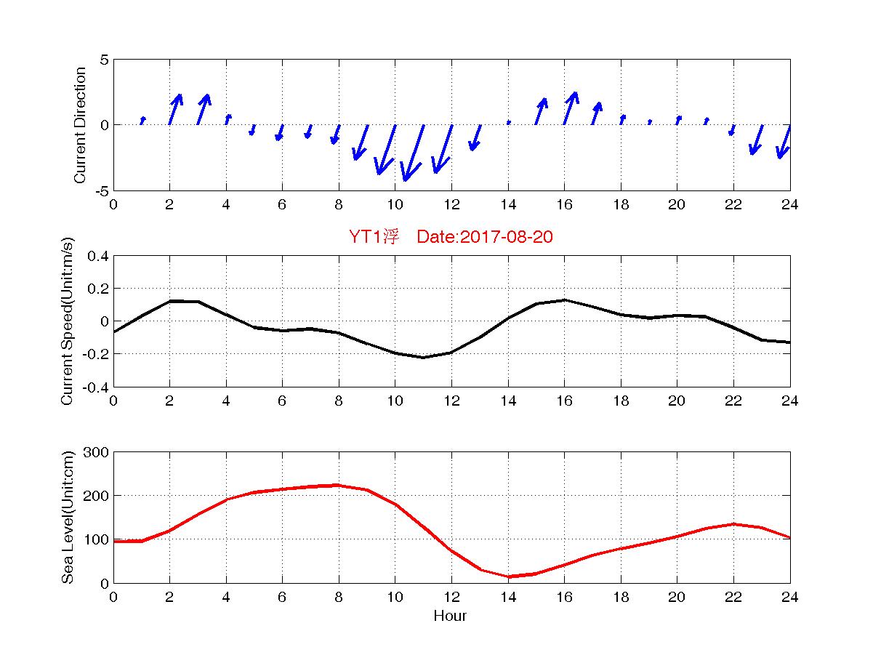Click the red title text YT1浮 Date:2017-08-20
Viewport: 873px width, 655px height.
click(451, 237)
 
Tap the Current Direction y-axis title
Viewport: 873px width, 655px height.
click(81, 125)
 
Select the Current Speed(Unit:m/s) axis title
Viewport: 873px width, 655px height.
click(67, 321)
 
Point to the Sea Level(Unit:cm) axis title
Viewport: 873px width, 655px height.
click(67, 518)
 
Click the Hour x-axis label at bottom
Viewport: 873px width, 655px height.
click(450, 616)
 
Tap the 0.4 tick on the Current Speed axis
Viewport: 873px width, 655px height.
click(97, 256)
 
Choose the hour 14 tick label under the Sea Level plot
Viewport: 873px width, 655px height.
click(508, 597)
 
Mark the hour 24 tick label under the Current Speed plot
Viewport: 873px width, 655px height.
click(790, 401)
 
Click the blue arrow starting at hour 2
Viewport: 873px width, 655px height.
click(175, 109)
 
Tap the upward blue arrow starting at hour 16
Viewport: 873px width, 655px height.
click(571, 108)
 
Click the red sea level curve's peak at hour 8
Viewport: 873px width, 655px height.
click(338, 485)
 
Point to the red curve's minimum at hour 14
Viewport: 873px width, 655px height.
click(508, 576)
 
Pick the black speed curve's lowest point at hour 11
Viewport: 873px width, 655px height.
click(423, 357)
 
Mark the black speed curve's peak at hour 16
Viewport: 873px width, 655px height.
click(564, 300)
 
